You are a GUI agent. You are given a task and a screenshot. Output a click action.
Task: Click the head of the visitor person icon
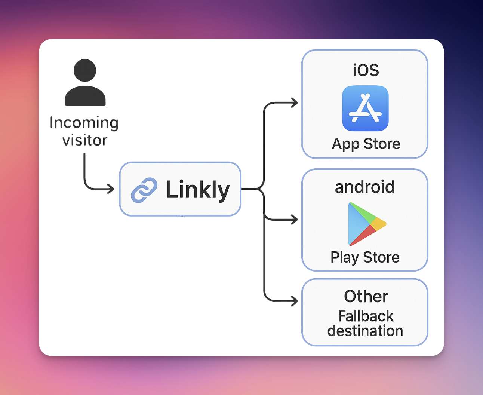point(85,70)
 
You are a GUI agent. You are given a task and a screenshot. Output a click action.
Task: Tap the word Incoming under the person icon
point(84,123)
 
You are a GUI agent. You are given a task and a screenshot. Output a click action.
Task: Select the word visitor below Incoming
point(85,140)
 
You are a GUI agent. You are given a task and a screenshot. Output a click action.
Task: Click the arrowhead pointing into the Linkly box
point(111,189)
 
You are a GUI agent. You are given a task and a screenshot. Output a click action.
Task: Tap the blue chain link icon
point(144,190)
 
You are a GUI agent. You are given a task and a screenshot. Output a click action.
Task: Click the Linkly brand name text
point(198,190)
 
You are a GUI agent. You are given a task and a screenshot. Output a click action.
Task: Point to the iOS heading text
point(366,70)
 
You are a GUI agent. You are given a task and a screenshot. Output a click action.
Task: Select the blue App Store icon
point(365,108)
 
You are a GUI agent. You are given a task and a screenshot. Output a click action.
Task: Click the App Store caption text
point(366,144)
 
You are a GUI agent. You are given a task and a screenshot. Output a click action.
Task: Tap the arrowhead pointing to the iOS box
point(295,102)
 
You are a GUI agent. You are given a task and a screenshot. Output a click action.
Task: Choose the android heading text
point(364,187)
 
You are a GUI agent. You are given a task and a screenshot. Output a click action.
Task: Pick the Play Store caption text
point(365,257)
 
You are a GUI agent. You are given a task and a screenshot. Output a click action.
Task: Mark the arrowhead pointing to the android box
point(295,220)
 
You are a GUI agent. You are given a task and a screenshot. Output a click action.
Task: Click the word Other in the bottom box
point(366,296)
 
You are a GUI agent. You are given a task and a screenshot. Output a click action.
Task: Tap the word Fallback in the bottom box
point(366,316)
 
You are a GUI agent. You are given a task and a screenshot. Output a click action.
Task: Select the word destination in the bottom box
point(365,331)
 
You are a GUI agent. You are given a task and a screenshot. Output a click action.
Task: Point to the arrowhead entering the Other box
point(295,301)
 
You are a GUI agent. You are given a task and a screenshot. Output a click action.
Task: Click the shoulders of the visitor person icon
point(85,97)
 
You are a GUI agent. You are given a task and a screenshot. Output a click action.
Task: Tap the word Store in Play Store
point(381,257)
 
